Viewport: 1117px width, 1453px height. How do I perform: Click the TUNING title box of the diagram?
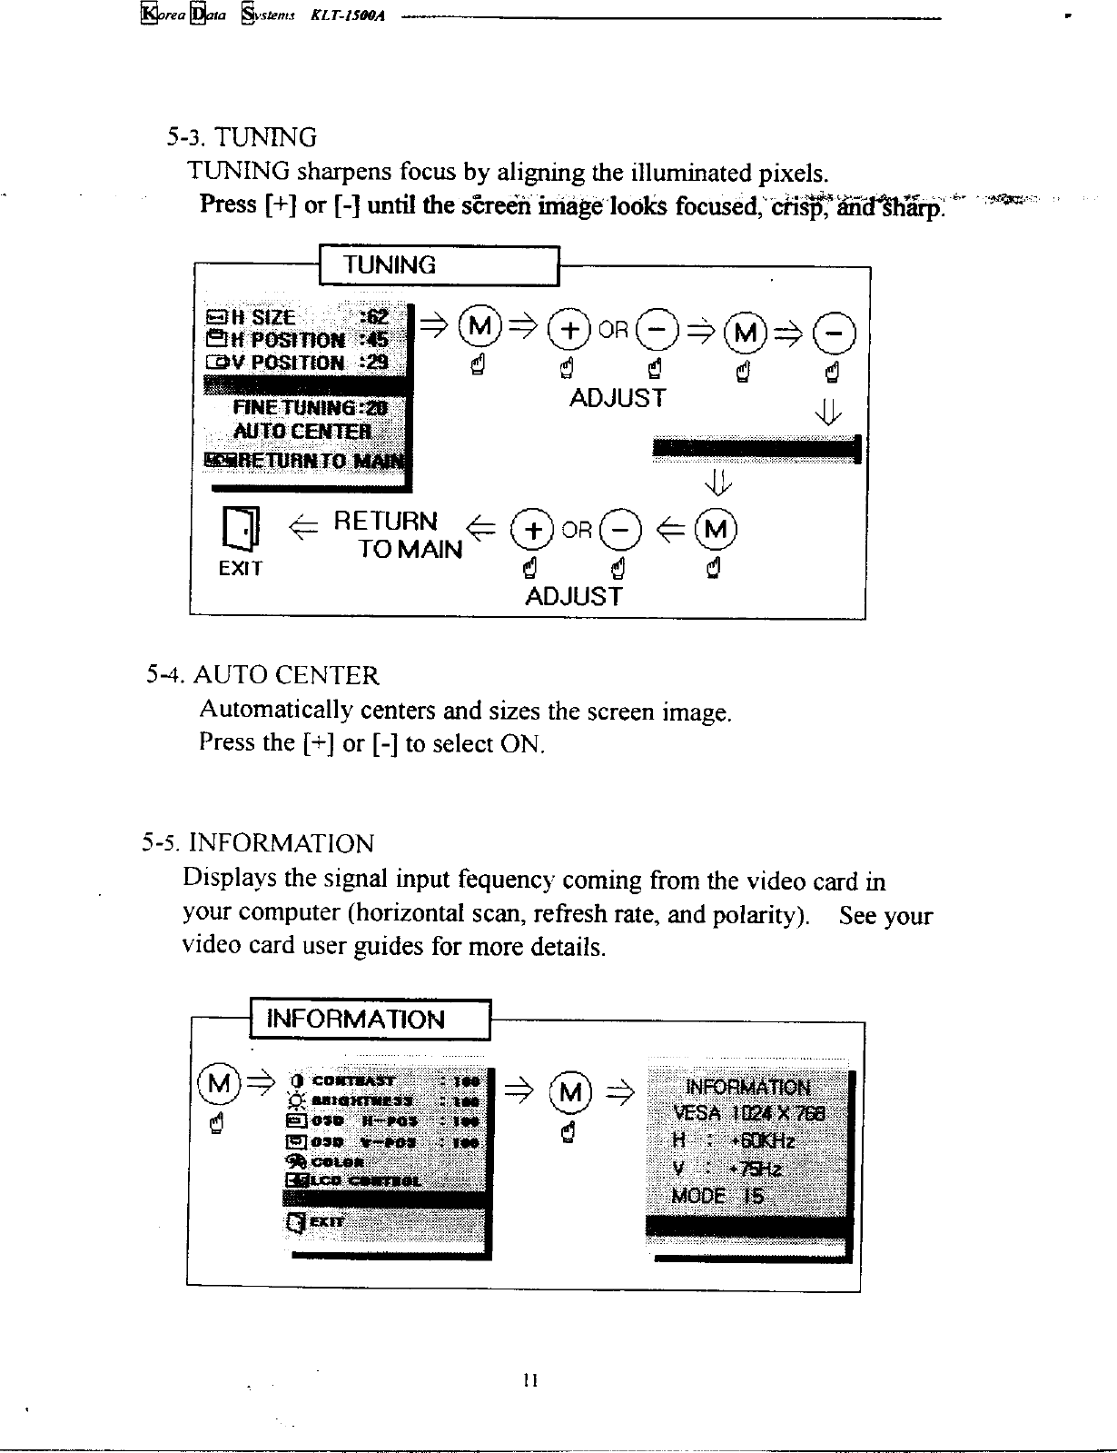[440, 265]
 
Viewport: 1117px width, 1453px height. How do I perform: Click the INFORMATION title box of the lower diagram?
[370, 1019]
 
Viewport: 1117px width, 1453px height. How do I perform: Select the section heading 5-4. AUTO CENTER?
[263, 675]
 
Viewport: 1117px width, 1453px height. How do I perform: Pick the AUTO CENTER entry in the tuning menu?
[302, 430]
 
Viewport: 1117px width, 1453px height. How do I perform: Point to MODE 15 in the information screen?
[717, 1195]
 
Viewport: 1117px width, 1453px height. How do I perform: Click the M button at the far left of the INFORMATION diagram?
[218, 1085]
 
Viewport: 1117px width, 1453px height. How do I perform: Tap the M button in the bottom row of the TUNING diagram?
[716, 529]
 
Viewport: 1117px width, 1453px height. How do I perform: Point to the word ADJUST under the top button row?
[617, 398]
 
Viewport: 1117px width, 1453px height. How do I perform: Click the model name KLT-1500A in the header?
[351, 15]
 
